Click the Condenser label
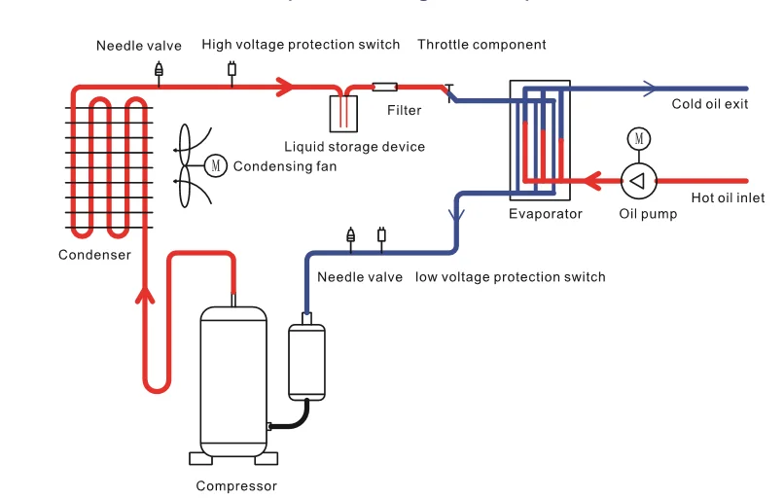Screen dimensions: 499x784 [x=94, y=256]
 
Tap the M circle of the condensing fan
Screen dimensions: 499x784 [x=216, y=165]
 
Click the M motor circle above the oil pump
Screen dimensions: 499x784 [x=638, y=138]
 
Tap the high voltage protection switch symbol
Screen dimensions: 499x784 [x=232, y=69]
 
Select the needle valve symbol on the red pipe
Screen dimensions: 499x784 [x=160, y=70]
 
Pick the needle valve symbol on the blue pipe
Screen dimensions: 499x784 [x=351, y=234]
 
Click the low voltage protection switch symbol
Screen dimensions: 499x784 [x=381, y=234]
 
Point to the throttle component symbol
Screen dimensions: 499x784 [x=449, y=91]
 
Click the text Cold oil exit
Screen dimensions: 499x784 [x=710, y=104]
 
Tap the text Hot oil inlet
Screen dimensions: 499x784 [x=728, y=198]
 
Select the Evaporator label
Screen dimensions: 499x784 [x=546, y=214]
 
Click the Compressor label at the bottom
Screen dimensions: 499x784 [x=236, y=486]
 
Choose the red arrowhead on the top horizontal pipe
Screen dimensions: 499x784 [x=283, y=88]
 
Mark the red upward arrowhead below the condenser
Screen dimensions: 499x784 [x=147, y=293]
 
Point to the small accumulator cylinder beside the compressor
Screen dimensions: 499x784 [x=307, y=360]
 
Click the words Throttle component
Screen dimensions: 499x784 [x=481, y=45]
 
